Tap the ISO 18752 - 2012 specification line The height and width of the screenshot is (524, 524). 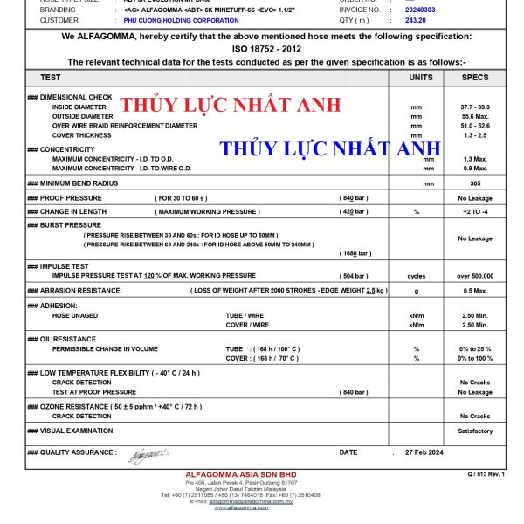click(266, 49)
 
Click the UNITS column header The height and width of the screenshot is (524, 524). click(421, 77)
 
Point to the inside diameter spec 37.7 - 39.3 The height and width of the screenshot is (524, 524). click(475, 107)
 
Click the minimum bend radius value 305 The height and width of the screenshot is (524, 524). click(475, 183)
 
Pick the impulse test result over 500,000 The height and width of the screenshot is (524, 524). click(475, 275)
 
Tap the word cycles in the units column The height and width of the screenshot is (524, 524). click(417, 275)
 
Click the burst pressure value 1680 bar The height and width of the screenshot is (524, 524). click(354, 253)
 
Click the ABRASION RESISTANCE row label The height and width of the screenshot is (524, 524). click(81, 290)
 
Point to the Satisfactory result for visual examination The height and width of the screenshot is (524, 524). click(475, 431)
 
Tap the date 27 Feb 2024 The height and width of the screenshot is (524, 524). click(425, 452)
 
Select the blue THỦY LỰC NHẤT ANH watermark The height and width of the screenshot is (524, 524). click(330, 148)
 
